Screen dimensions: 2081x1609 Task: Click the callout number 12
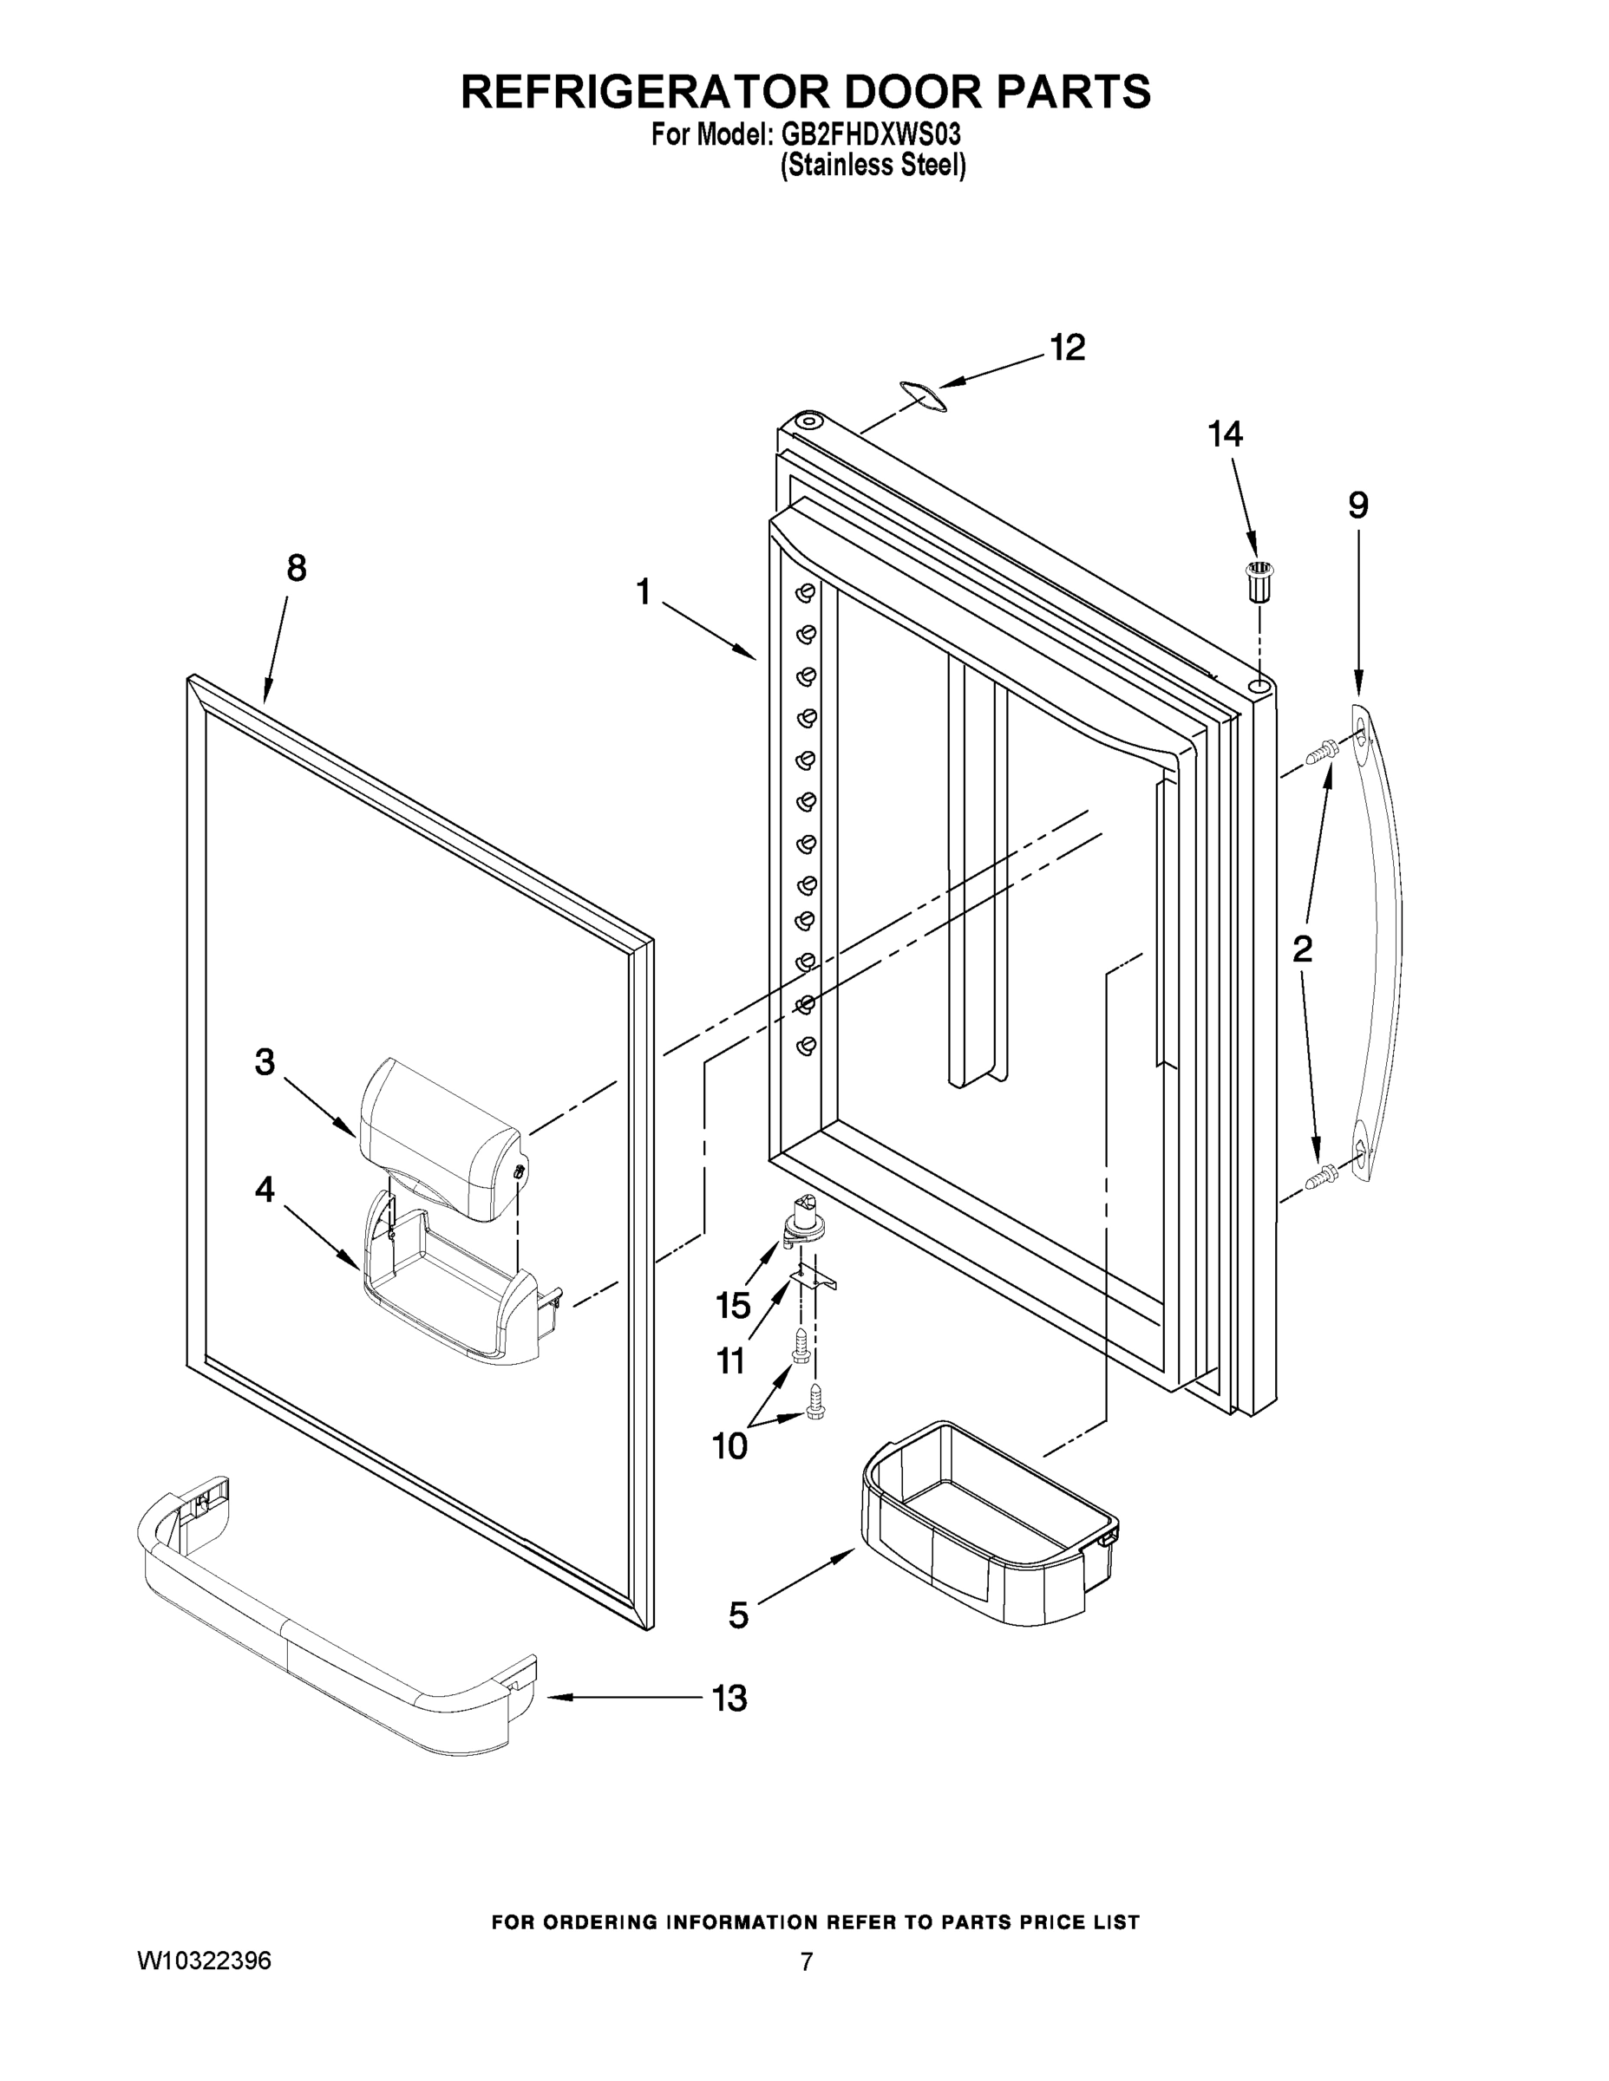(1068, 349)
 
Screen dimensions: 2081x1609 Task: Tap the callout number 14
(1225, 434)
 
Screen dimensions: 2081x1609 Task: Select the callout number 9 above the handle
(1358, 505)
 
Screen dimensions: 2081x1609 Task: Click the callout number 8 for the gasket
(297, 569)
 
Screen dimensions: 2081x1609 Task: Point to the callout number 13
(729, 1698)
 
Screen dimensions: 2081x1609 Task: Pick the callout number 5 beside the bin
(738, 1615)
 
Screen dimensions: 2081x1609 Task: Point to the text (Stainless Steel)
(873, 166)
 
